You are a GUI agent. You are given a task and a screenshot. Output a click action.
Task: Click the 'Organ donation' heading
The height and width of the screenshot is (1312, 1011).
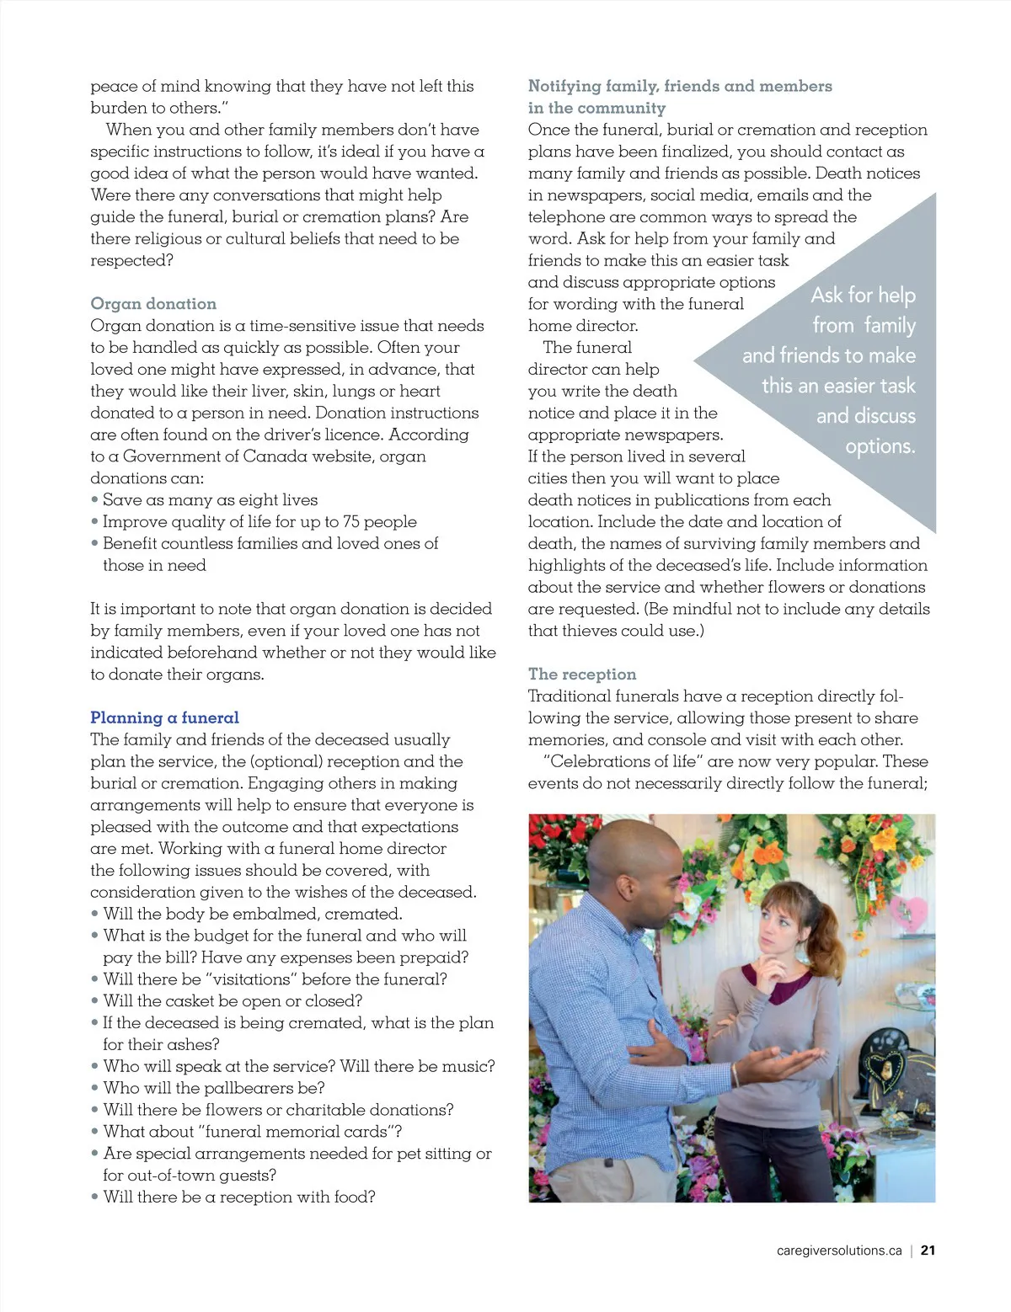tap(153, 304)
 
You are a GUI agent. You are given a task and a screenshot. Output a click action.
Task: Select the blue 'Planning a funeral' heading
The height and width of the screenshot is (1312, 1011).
tap(164, 717)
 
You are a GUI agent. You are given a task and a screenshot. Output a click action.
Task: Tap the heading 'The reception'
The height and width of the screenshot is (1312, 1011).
tap(582, 674)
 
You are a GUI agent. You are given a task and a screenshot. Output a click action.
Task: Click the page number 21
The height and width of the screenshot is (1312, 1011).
tap(928, 1251)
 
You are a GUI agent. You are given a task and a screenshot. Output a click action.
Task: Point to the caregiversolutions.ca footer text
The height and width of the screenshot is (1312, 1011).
tap(839, 1251)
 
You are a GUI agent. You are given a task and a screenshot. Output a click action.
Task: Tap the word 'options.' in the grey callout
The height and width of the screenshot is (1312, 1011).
tap(880, 445)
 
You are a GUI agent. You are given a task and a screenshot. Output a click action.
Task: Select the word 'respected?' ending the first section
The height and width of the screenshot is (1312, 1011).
tap(131, 260)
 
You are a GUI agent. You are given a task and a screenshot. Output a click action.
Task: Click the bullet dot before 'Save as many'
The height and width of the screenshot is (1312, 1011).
tap(95, 500)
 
